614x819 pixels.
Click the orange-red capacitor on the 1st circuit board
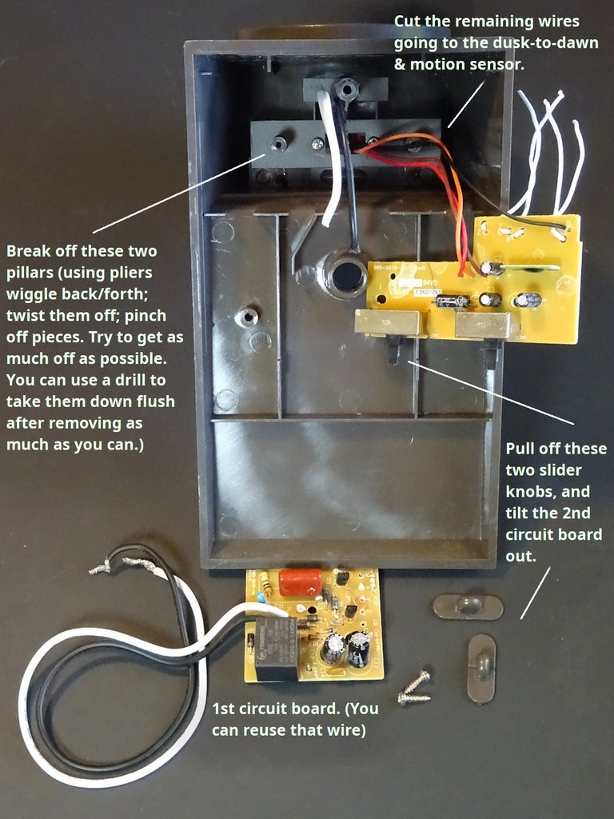[300, 582]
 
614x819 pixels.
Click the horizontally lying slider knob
[468, 607]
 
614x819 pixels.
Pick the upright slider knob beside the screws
[480, 669]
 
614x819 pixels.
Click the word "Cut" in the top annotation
[408, 22]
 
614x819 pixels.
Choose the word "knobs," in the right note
[529, 492]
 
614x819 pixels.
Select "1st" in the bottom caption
[224, 709]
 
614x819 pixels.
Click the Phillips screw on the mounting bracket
[317, 143]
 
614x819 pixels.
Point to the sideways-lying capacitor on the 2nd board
[453, 302]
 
